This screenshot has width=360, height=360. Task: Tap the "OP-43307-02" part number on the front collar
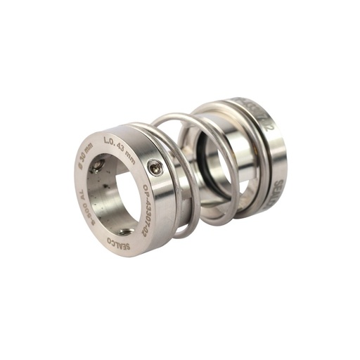tap(149, 212)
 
